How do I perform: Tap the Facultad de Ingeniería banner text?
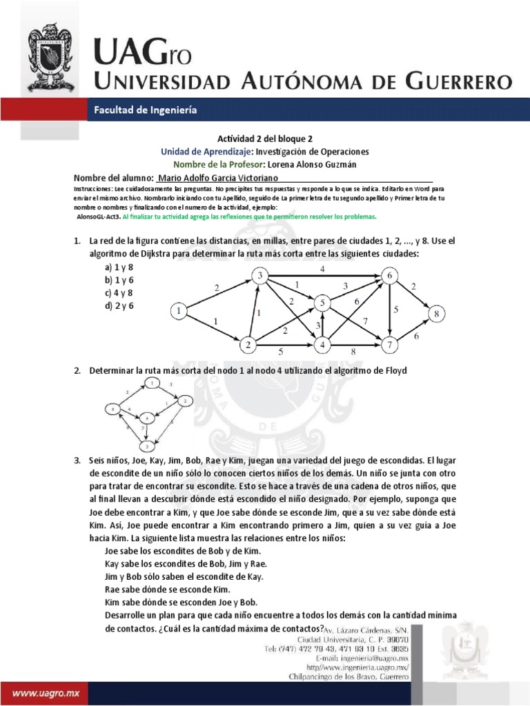click(x=145, y=110)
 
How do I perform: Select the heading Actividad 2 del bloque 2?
click(x=265, y=139)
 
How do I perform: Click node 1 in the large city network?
click(x=179, y=312)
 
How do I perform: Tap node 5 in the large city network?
click(x=321, y=301)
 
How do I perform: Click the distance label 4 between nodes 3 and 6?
click(x=322, y=268)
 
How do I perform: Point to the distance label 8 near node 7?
click(x=353, y=351)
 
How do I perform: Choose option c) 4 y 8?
click(x=120, y=292)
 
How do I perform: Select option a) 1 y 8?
click(x=120, y=268)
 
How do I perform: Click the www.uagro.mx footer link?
click(x=43, y=689)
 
